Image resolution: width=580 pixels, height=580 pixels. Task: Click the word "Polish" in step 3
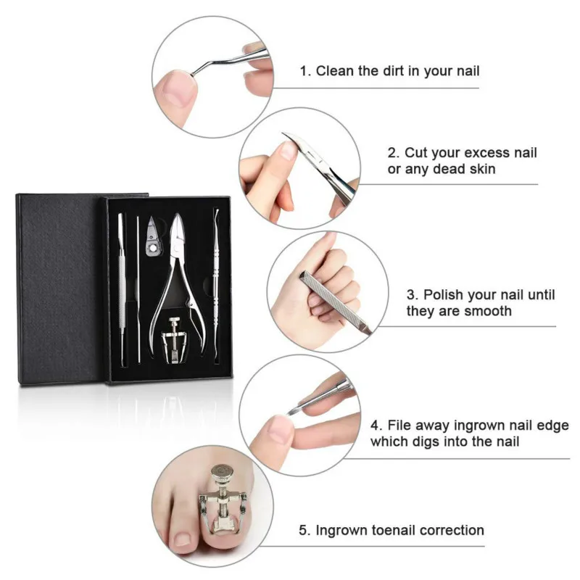(x=444, y=295)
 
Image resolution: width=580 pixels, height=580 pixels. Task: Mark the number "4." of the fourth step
(x=378, y=425)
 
